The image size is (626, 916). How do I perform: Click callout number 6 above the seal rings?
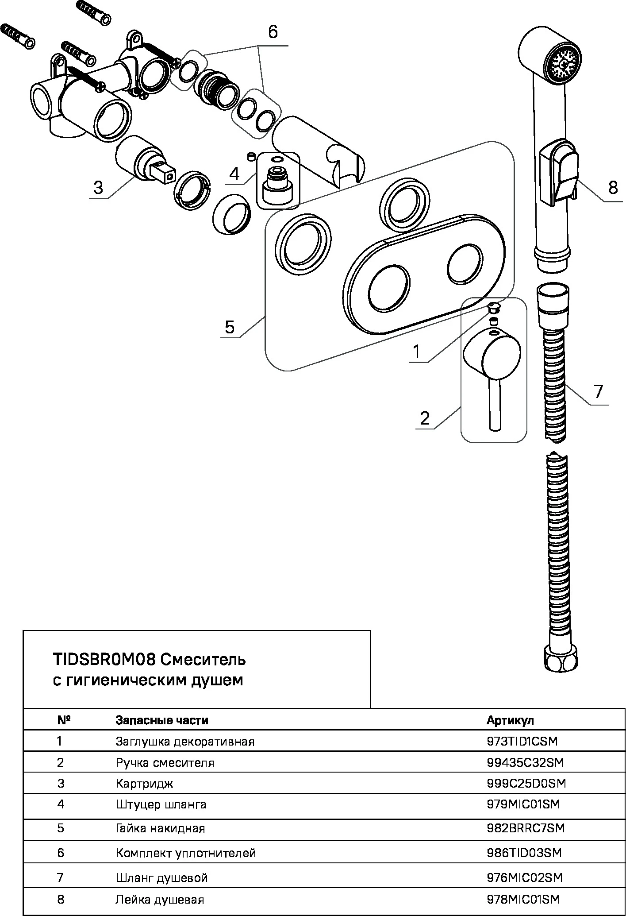pyautogui.click(x=273, y=32)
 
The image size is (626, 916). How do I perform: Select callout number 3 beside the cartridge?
pyautogui.click(x=98, y=187)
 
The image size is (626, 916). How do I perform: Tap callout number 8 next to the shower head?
pyautogui.click(x=613, y=188)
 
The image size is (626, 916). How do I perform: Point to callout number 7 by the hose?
pyautogui.click(x=598, y=391)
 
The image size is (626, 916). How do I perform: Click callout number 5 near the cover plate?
pyautogui.click(x=230, y=327)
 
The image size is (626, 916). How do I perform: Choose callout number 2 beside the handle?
pyautogui.click(x=425, y=417)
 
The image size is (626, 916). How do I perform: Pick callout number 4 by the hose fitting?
pyautogui.click(x=234, y=174)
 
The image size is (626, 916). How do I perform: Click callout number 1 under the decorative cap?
pyautogui.click(x=417, y=351)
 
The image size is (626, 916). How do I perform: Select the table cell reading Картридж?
pyautogui.click(x=144, y=783)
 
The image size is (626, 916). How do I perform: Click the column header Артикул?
pyautogui.click(x=510, y=720)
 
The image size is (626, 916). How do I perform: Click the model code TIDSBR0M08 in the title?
pyautogui.click(x=104, y=660)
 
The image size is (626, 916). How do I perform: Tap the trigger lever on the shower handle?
pyautogui.click(x=566, y=168)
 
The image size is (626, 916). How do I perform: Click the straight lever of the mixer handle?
pyautogui.click(x=495, y=405)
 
